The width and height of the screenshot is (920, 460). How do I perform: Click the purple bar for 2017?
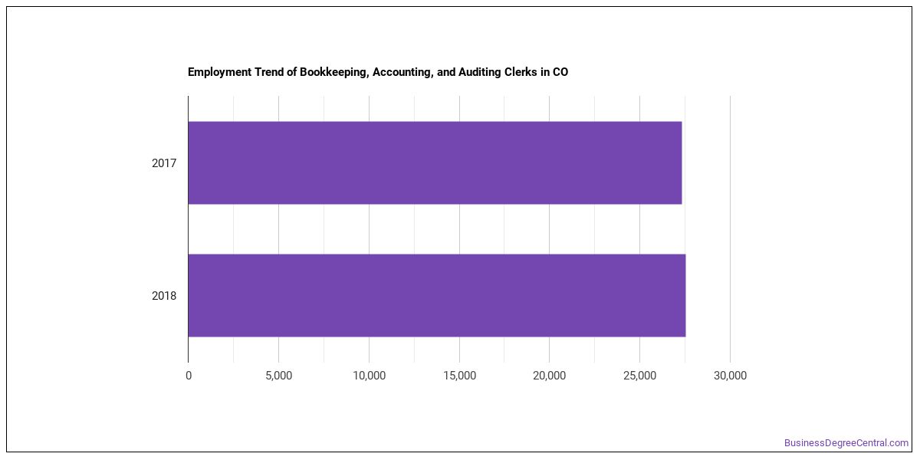435,163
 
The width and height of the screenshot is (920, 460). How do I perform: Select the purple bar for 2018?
437,295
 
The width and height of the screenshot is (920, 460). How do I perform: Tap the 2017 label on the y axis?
164,163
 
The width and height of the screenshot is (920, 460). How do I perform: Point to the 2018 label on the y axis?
164,296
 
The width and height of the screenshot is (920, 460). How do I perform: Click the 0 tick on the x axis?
189,376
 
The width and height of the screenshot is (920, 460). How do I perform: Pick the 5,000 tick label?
278,376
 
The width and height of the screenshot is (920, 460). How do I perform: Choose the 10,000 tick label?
370,376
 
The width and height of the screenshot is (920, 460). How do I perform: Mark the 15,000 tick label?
459,376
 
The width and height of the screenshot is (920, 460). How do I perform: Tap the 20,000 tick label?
550,376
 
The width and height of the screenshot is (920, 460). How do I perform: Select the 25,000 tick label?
640,376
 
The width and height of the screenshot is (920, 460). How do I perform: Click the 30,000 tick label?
730,376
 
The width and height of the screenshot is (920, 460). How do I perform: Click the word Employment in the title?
220,72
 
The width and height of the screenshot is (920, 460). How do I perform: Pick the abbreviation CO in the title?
560,72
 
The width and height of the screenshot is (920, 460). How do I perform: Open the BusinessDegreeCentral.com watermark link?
846,443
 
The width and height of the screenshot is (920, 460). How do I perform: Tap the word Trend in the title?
267,72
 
